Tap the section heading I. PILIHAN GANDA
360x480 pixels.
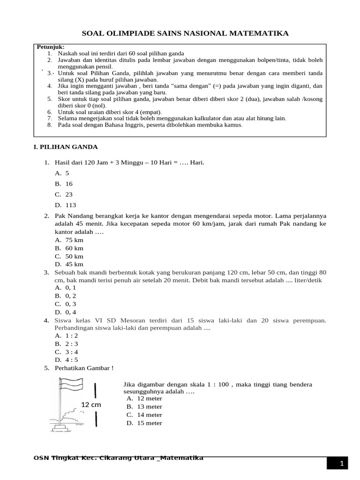(66, 147)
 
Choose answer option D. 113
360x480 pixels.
(65, 205)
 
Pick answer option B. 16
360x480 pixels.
(64, 184)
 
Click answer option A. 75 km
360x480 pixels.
(69, 240)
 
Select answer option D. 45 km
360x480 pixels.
(69, 264)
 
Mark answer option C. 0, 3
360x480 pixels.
(66, 304)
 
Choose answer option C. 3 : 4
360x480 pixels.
(66, 352)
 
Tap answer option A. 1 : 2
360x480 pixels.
(66, 336)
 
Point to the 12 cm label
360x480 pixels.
(91, 404)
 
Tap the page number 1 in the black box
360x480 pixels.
(342, 464)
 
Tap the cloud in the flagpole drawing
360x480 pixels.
(72, 413)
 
